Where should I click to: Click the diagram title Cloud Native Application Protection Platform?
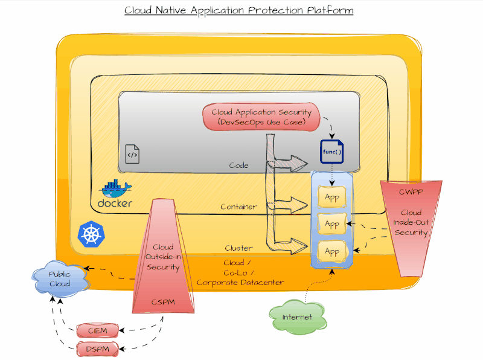pos(238,10)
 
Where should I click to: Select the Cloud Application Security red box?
pos(261,117)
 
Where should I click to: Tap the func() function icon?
pos(331,152)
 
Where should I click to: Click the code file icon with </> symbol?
pos(132,154)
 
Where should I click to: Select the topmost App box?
pos(332,197)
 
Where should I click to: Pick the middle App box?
pos(332,224)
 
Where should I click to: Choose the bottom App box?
pos(332,251)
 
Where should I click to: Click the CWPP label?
pos(411,192)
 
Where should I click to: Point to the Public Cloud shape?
pos(59,279)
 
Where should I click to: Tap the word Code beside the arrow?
pos(238,165)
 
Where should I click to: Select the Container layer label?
pos(238,207)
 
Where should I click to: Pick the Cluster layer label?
pos(238,248)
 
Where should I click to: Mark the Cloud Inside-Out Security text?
pos(411,223)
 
